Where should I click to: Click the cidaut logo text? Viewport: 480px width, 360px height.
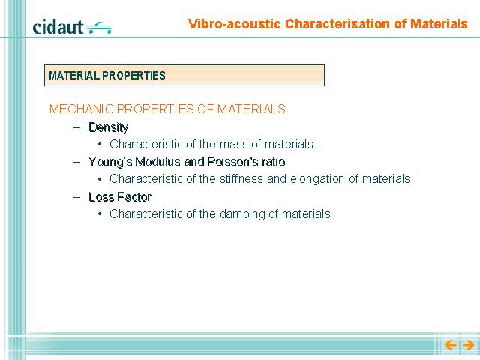pyautogui.click(x=58, y=27)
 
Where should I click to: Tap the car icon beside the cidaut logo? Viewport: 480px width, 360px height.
pyautogui.click(x=98, y=28)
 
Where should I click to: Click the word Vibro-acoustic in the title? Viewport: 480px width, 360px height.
pyautogui.click(x=235, y=24)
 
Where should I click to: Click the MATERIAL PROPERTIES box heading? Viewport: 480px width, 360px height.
pyautogui.click(x=107, y=75)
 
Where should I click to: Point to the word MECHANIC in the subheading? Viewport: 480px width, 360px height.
pyautogui.click(x=82, y=109)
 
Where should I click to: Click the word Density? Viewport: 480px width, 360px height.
pyautogui.click(x=108, y=127)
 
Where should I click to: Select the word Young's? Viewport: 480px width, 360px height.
pyautogui.click(x=110, y=162)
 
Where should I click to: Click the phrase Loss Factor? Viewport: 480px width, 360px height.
pyautogui.click(x=120, y=197)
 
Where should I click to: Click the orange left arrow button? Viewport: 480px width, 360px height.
pyautogui.click(x=450, y=345)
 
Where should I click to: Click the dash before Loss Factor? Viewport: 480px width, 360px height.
pyautogui.click(x=77, y=197)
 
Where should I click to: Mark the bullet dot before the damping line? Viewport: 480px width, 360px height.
pyautogui.click(x=100, y=214)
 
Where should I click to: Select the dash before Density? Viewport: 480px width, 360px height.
pyautogui.click(x=77, y=127)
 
